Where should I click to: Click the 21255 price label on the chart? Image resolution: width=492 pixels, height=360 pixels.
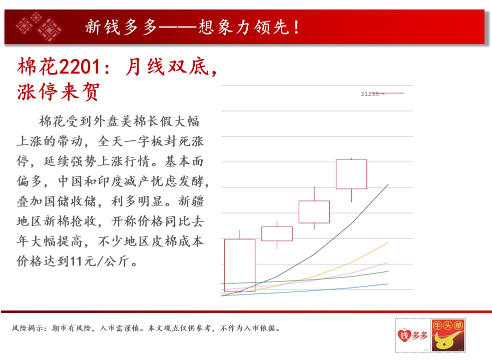tap(370, 94)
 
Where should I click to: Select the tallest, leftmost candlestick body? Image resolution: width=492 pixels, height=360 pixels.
tap(240, 265)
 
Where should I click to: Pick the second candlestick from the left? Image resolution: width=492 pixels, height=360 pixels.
tap(277, 233)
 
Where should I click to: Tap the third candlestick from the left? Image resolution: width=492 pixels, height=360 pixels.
tap(314, 212)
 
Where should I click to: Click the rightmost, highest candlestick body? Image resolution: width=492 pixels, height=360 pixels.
tap(351, 174)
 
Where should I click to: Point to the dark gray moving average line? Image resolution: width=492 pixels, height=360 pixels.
tap(314, 254)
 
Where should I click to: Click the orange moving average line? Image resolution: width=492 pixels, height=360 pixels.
tap(314, 277)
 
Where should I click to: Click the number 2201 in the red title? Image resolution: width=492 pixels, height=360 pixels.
tap(80, 67)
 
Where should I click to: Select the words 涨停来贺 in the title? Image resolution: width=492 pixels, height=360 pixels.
tap(59, 91)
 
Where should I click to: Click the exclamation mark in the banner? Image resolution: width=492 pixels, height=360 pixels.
tap(296, 27)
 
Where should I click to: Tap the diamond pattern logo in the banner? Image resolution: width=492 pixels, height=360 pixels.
tap(40, 26)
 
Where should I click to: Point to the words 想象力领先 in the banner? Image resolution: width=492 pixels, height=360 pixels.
tap(243, 27)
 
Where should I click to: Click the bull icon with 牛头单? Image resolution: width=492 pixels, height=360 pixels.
tap(448, 335)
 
